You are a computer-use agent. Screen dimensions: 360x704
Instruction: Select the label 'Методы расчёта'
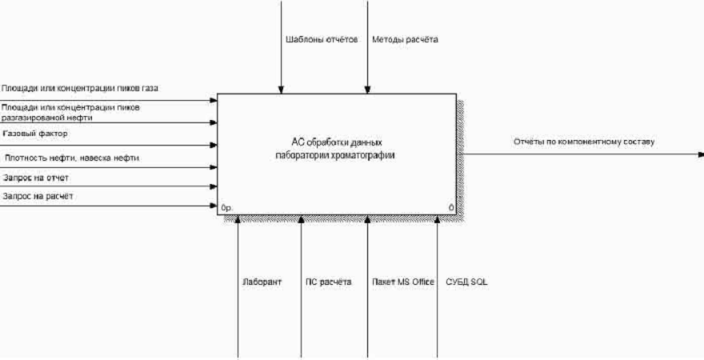405,39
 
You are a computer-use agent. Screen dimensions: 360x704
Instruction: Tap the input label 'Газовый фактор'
35,133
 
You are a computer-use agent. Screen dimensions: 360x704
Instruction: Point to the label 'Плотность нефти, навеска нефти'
72,158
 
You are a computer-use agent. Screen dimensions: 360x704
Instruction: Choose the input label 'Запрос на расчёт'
39,196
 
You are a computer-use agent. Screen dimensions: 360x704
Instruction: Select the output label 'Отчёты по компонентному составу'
584,142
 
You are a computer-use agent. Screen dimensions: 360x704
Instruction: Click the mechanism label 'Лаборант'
262,282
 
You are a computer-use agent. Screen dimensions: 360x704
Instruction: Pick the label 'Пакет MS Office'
403,282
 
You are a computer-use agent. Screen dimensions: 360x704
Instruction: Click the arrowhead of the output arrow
700,154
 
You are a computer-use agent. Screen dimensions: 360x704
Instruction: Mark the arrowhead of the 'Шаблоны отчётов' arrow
281,90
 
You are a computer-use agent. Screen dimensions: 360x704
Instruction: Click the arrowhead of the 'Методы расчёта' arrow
367,90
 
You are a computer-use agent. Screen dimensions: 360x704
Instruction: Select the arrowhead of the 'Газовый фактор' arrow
214,146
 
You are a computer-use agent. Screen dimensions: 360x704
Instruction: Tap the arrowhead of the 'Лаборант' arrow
238,219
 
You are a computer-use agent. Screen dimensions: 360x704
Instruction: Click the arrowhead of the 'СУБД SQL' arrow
438,219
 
